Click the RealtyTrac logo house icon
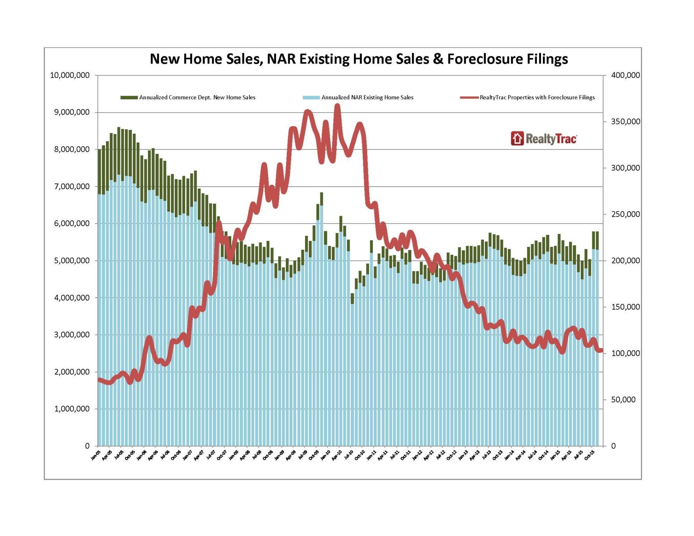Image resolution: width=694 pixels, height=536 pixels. [517, 138]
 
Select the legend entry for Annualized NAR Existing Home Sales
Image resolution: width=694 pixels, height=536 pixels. [367, 98]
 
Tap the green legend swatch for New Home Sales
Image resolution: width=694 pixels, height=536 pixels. [129, 98]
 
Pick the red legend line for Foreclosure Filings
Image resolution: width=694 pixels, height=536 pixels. [469, 98]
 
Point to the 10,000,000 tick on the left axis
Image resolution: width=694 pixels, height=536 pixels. [70, 75]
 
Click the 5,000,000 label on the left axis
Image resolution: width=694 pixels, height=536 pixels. [72, 260]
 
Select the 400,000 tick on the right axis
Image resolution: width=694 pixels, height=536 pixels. [625, 75]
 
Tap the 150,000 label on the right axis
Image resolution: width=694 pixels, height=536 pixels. [625, 307]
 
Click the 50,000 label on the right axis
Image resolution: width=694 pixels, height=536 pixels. [623, 400]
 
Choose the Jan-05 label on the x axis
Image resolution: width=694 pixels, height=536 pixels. [95, 455]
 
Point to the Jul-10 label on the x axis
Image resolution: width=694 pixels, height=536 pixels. [349, 455]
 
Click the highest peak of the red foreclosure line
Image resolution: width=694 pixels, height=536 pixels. [337, 106]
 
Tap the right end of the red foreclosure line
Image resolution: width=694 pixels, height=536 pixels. [601, 350]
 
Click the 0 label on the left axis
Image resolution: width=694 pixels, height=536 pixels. [87, 446]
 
